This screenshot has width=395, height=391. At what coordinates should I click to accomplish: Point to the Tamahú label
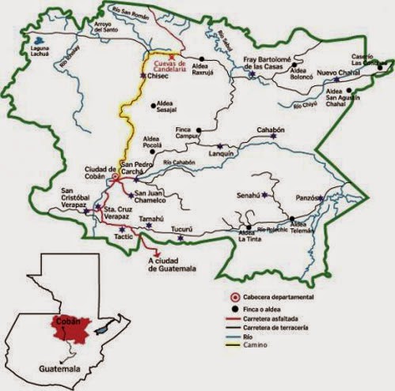tap(151, 216)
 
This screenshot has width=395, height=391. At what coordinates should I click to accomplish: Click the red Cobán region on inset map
tap(70, 327)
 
